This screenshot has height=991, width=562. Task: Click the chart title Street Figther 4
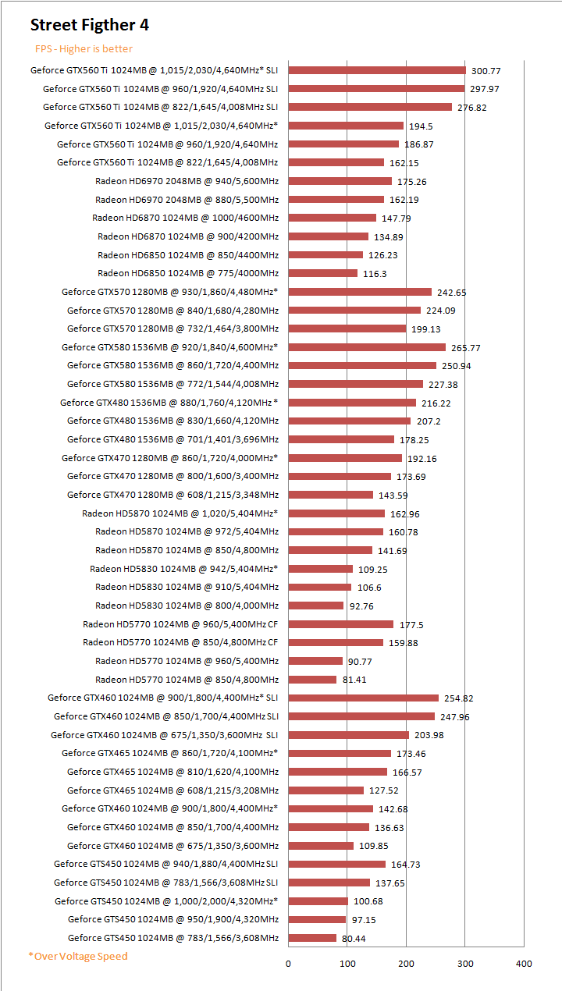coord(90,25)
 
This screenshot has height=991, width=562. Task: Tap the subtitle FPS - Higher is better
coord(84,48)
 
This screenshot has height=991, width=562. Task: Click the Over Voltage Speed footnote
coord(77,956)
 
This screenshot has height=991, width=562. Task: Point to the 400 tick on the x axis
coord(524,963)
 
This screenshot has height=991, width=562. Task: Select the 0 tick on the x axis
coord(288,963)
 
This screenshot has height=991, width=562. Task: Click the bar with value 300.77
coord(377,70)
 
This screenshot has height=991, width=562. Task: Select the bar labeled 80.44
coord(312,938)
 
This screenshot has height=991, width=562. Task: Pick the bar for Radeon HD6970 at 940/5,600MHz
coord(340,181)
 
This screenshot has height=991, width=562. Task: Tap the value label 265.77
coord(466,347)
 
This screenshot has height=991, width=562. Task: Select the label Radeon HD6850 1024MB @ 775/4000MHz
coord(188,273)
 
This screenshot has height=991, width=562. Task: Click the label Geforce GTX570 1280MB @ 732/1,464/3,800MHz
coord(173,329)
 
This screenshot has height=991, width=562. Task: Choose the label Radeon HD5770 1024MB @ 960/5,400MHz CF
coord(180,624)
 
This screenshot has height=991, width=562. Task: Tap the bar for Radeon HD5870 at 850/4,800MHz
coord(330,550)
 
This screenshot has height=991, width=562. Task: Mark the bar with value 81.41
coord(312,680)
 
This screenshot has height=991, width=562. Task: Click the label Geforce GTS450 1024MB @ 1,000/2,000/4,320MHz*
coord(166,901)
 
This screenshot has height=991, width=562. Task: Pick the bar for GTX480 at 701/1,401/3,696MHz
coord(341,439)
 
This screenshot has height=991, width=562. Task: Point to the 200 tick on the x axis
coord(406,963)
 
